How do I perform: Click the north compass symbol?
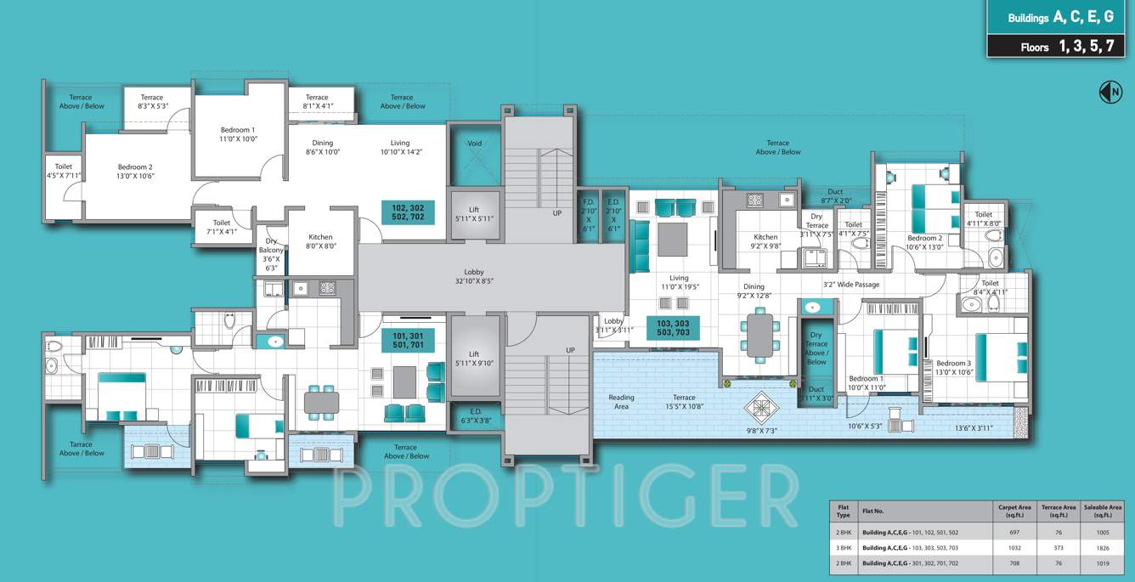click(1110, 92)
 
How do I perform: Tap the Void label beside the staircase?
click(474, 144)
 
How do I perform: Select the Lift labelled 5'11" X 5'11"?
click(474, 213)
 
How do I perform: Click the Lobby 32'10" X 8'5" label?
click(474, 276)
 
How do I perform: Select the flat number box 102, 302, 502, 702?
click(408, 212)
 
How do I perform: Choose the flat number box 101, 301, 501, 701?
click(408, 342)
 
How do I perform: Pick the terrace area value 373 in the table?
click(1059, 547)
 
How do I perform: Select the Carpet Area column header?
click(1014, 511)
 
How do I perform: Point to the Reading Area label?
click(621, 402)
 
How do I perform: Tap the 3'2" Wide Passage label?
click(851, 285)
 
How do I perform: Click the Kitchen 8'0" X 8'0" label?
click(320, 241)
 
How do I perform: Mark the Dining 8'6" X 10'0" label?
click(323, 148)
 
